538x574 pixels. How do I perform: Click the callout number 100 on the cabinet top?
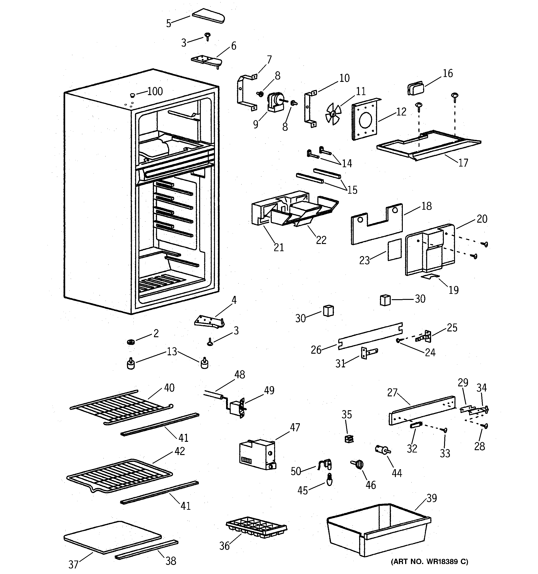point(155,92)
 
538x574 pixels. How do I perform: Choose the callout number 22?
point(321,240)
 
